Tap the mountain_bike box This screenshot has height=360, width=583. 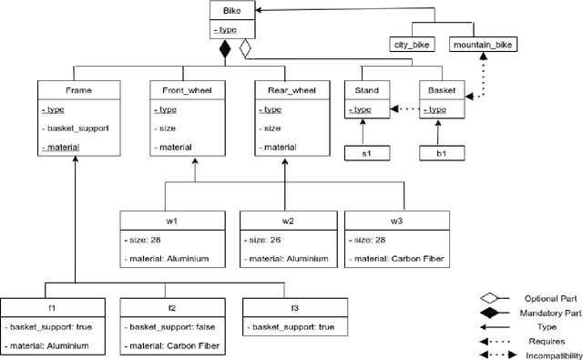pyautogui.click(x=484, y=43)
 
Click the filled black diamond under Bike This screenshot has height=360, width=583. pyautogui.click(x=225, y=50)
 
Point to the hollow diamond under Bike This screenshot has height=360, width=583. pyautogui.click(x=244, y=50)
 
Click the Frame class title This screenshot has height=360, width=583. pyautogui.click(x=79, y=90)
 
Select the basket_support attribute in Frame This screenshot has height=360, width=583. pyautogui.click(x=77, y=129)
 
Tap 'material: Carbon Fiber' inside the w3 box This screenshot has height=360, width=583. pyautogui.click(x=395, y=258)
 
